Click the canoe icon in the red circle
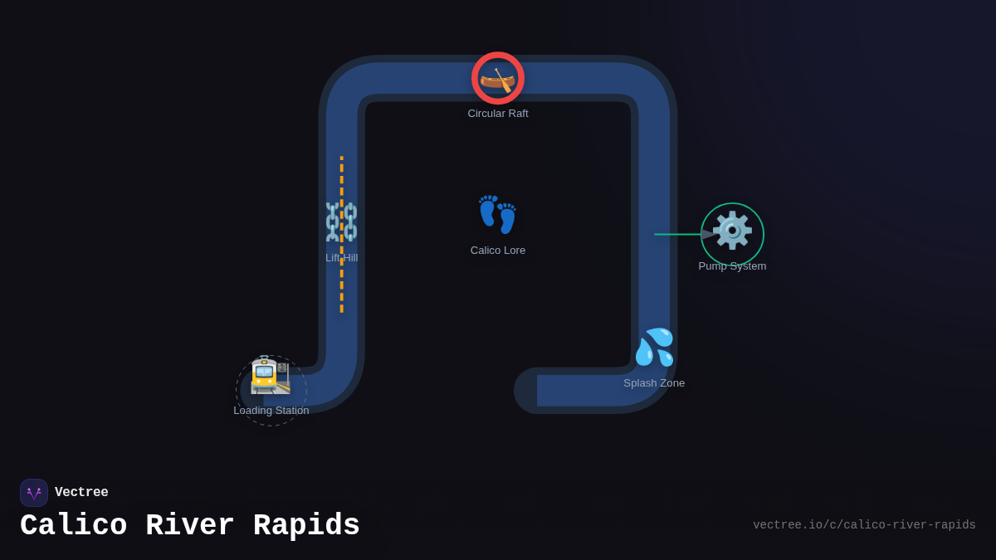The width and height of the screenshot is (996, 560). (498, 79)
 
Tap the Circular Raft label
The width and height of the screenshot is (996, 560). (498, 114)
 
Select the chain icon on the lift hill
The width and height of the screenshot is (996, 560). (341, 222)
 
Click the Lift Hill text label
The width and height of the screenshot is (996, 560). (342, 258)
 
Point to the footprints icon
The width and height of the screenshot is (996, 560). (498, 215)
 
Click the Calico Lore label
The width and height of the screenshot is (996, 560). (498, 251)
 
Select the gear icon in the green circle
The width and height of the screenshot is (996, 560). (732, 231)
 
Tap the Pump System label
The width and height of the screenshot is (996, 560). (732, 266)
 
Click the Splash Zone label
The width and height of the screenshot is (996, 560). (654, 383)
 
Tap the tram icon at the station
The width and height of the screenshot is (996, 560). (271, 375)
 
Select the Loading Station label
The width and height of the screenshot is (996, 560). (271, 411)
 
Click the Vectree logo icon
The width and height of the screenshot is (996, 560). (34, 493)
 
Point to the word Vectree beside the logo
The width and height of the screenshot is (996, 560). (81, 493)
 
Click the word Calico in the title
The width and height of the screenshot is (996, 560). (73, 526)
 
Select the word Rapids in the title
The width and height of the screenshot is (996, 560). (306, 526)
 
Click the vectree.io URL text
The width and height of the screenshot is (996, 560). (864, 525)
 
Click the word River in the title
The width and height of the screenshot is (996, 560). (190, 526)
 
